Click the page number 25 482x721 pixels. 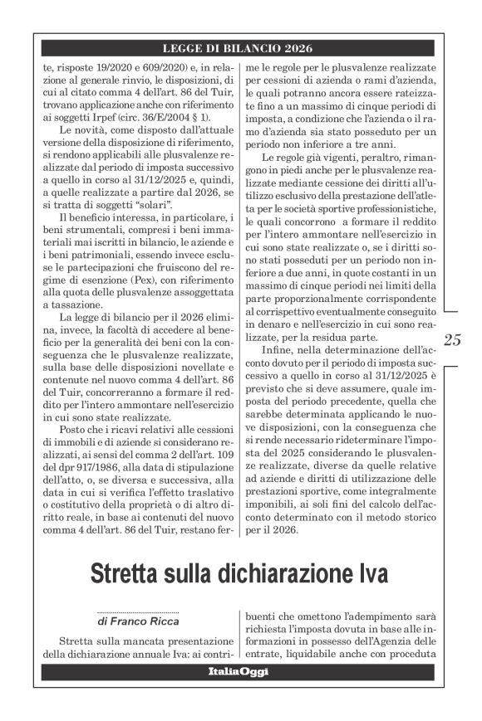[x=453, y=339]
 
